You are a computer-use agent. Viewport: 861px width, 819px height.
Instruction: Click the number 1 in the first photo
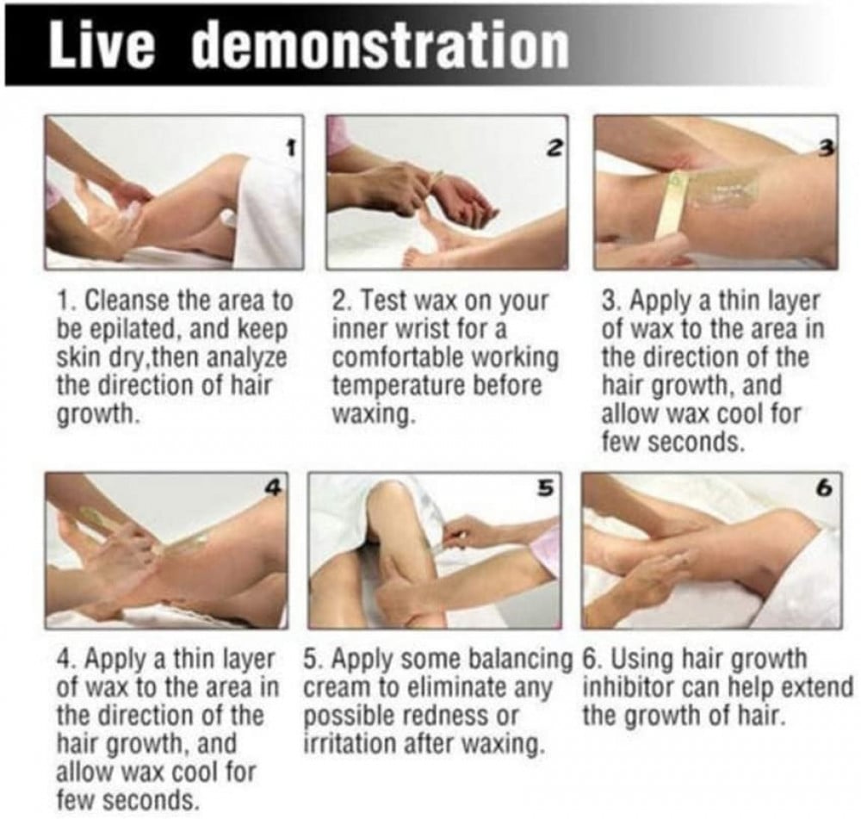pyautogui.click(x=292, y=146)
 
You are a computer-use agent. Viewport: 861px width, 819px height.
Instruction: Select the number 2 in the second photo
pyautogui.click(x=555, y=146)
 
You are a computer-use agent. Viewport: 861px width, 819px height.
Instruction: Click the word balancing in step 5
pyautogui.click(x=519, y=659)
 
